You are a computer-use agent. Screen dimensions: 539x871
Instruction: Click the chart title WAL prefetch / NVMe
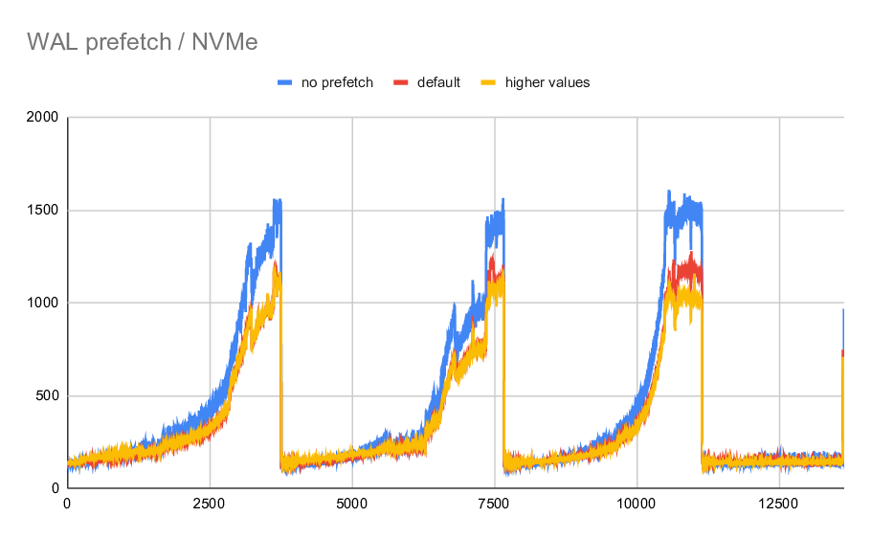point(142,41)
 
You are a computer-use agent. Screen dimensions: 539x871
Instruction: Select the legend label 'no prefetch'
point(337,82)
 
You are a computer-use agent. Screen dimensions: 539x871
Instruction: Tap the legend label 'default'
point(438,82)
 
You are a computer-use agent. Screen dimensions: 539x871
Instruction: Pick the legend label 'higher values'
point(547,82)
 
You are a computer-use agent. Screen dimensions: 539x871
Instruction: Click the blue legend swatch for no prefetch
point(285,82)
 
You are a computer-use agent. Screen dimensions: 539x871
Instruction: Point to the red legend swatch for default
point(401,82)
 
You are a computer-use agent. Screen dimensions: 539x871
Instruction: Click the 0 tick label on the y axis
point(56,489)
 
